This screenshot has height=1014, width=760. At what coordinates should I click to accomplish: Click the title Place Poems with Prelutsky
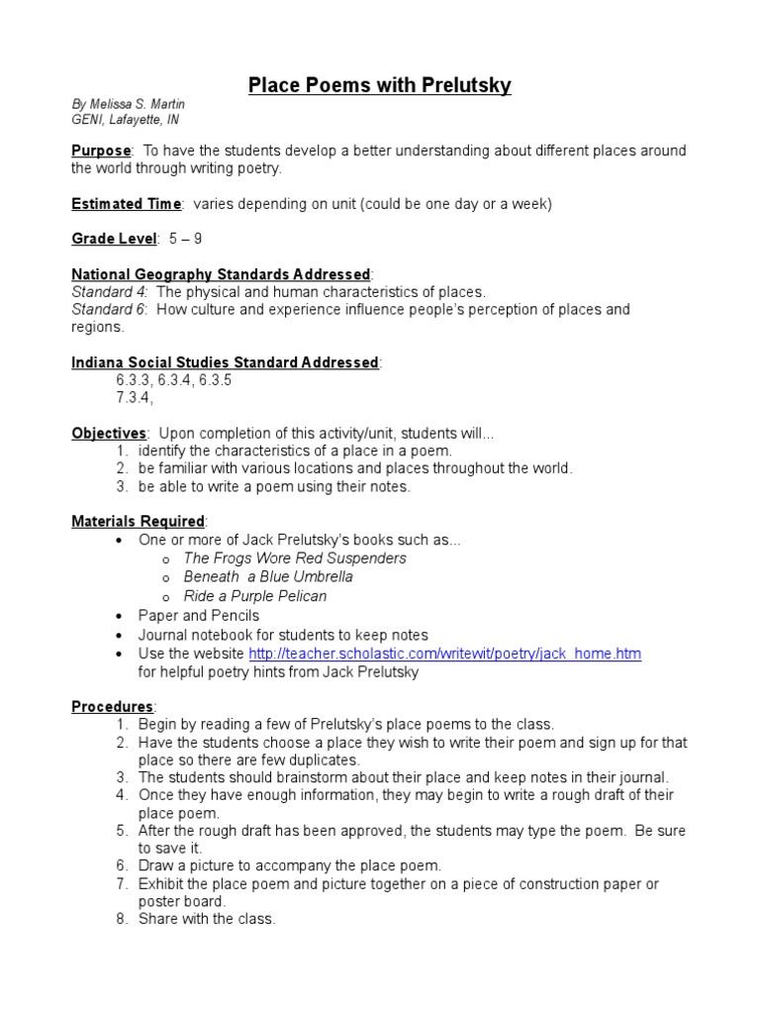[379, 86]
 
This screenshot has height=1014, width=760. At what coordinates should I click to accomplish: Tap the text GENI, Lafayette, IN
[125, 120]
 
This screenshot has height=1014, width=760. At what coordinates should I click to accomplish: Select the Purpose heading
[101, 151]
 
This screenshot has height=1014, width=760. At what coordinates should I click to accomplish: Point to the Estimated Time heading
[126, 204]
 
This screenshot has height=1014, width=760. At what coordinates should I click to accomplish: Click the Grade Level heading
[114, 239]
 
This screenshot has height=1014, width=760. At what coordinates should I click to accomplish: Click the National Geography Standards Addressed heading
[221, 273]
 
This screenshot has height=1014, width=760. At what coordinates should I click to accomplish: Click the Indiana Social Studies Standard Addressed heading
[225, 362]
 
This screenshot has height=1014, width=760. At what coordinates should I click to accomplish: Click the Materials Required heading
[139, 521]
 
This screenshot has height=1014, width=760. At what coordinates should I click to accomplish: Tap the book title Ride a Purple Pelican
[255, 596]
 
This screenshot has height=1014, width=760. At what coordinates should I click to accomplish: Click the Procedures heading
[112, 707]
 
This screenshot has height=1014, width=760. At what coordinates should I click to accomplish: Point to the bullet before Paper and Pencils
[119, 616]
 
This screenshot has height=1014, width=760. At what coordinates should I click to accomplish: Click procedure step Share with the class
[207, 919]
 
